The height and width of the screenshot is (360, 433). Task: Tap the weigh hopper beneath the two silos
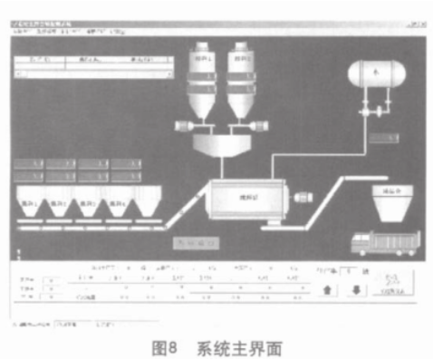coord(223,145)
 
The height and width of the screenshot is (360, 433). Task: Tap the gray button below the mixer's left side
coord(197,243)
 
